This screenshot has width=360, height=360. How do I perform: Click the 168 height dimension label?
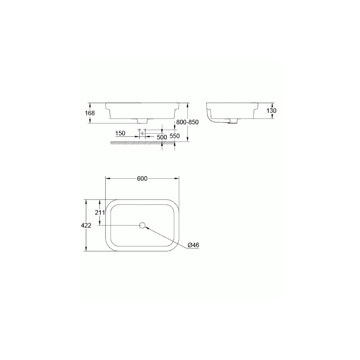[90, 113]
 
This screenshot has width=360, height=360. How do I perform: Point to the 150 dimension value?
[120, 133]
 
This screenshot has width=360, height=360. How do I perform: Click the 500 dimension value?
[162, 137]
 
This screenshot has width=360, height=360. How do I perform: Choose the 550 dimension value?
[175, 136]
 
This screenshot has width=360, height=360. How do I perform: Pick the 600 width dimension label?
[142, 179]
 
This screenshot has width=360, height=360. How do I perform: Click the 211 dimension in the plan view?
[100, 212]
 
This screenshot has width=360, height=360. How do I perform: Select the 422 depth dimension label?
[86, 226]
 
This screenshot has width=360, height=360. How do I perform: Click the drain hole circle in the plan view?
[142, 226]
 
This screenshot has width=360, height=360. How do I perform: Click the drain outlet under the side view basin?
[230, 122]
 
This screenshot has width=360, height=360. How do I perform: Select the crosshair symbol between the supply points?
[142, 133]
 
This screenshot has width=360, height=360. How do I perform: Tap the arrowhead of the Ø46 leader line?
[147, 228]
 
